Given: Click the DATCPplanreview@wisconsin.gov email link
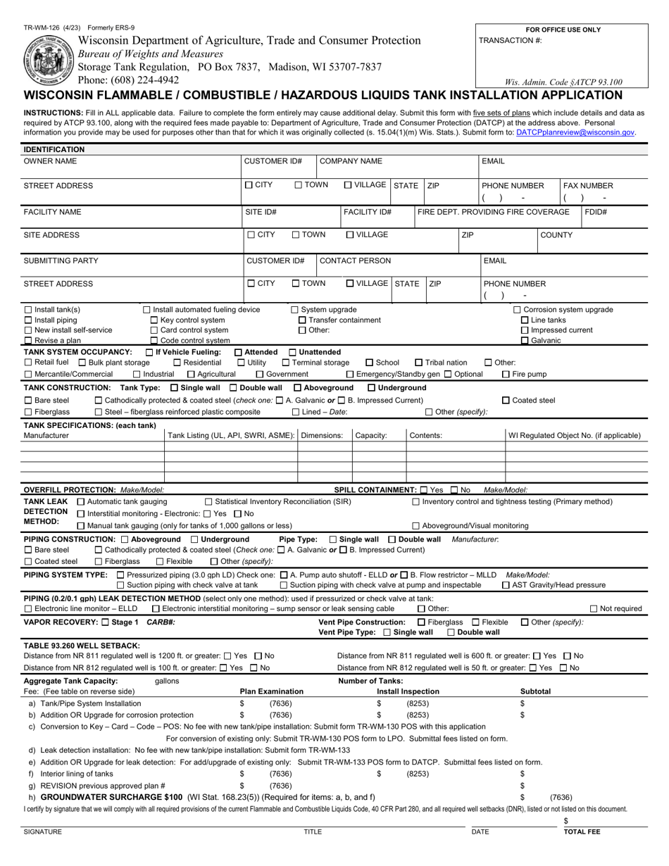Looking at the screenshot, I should point(575,132).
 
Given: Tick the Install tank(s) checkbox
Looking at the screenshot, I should point(28,310).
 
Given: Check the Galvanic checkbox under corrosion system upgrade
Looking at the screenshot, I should point(525,341).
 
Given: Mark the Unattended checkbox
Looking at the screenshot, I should point(293,352).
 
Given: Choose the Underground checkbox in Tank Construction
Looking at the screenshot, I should point(372,388).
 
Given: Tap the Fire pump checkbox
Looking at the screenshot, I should point(506,374).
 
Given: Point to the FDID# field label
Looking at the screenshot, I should point(596,212).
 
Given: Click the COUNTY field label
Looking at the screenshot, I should point(556,235).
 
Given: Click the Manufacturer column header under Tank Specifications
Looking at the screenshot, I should point(46,436).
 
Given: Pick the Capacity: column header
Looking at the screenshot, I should point(371,436).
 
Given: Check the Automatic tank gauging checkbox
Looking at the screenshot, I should point(80,502).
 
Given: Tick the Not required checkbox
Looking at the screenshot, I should point(613,609).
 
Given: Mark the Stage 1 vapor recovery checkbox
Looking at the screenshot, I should point(106,622).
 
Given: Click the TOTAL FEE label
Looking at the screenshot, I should point(582,832).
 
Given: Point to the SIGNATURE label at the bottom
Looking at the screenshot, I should point(43,832).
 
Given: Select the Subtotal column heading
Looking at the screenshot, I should point(535,691).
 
